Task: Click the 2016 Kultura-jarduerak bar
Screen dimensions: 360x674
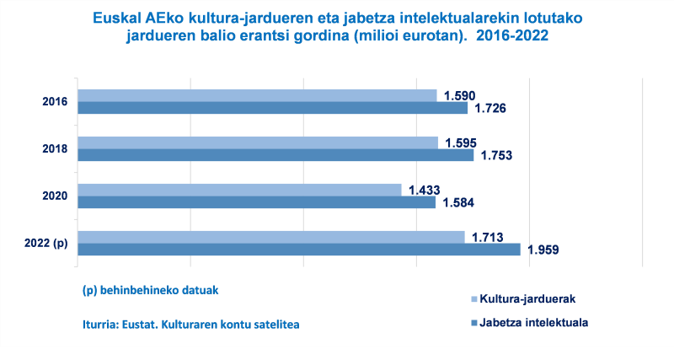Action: tap(257, 95)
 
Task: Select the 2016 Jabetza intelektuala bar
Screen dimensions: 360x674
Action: tap(272, 108)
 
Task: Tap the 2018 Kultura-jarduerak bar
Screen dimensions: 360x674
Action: tap(258, 142)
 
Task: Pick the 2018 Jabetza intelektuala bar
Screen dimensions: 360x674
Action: tap(275, 155)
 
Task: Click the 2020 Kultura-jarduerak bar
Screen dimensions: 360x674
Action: tap(239, 190)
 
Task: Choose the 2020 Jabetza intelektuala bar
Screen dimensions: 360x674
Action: tap(256, 202)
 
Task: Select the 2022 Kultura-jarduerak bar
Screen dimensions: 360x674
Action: tap(270, 237)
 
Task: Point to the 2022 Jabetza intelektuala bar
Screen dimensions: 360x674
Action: tap(298, 250)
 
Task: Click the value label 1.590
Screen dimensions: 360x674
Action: tap(460, 95)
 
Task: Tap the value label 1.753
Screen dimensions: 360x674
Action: tap(496, 156)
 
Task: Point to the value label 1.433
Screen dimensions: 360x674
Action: tap(425, 191)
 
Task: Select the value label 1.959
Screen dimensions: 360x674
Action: tap(543, 250)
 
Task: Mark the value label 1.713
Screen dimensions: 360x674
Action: tap(488, 237)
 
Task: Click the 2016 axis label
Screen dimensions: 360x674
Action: tap(55, 102)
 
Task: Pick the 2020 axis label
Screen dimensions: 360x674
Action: tap(55, 196)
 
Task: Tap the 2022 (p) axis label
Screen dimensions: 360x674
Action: tap(47, 244)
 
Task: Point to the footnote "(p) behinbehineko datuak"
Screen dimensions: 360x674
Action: tap(150, 290)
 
